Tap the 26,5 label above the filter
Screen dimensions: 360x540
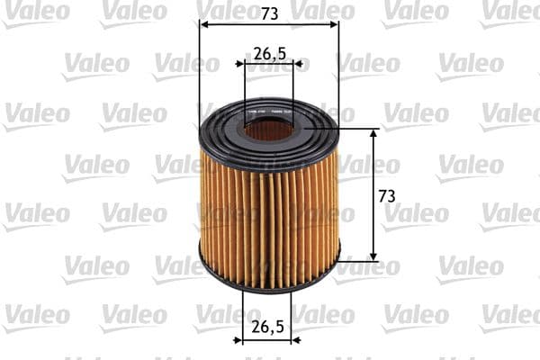(269, 54)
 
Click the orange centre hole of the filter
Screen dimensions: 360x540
(269, 130)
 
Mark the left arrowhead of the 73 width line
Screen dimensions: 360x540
(202, 25)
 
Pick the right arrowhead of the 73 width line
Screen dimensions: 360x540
(335, 25)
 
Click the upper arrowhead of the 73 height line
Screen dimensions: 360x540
(373, 132)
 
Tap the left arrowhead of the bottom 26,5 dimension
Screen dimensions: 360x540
(246, 339)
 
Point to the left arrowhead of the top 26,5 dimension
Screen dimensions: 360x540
(240, 65)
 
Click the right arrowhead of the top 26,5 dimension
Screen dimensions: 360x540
(300, 65)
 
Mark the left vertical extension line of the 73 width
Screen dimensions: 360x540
(199, 72)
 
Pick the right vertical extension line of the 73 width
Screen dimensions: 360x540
(338, 72)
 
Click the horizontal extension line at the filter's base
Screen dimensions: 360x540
(360, 261)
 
